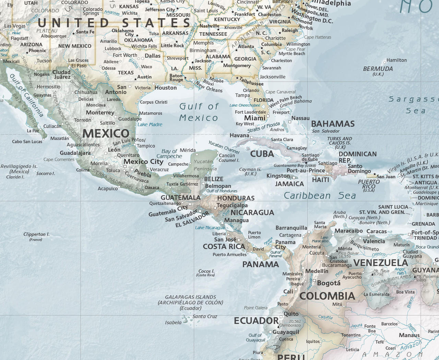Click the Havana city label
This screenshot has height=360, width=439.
tap(239, 135)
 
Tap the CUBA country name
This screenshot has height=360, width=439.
tap(262, 154)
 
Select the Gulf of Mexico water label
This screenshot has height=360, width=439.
tap(199, 112)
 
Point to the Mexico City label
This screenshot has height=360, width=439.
tap(143, 161)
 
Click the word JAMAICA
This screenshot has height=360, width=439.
tap(289, 184)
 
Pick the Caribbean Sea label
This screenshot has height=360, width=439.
tap(320, 195)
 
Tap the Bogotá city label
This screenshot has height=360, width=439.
tap(329, 283)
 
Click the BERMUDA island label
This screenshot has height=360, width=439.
tap(378, 69)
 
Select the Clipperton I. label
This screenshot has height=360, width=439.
tap(36, 235)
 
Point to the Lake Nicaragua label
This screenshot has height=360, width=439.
tap(210, 228)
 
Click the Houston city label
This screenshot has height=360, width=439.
tap(165, 88)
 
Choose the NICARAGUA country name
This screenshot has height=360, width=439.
tap(252, 213)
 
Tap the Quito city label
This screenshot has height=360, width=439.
tap(291, 314)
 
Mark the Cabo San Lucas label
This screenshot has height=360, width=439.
tap(27, 142)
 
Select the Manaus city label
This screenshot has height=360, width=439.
tap(409, 335)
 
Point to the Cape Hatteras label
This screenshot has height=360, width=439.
tap(318, 37)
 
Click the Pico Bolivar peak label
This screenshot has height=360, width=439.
tap(348, 253)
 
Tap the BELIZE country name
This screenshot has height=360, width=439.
tap(214, 179)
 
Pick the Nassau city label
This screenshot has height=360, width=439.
tap(300, 118)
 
